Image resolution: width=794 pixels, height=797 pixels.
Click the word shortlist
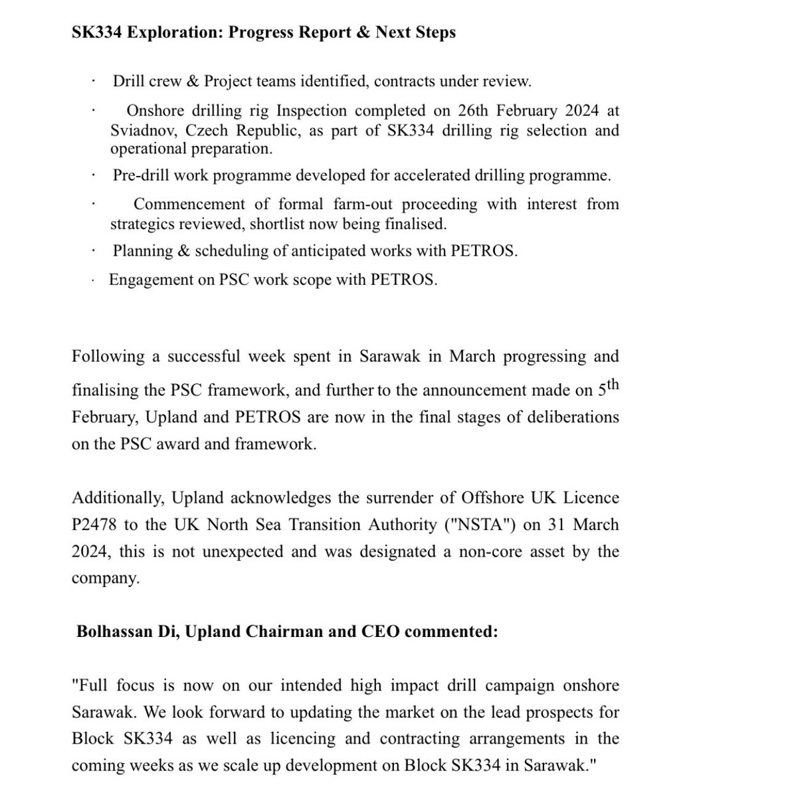pyautogui.click(x=279, y=224)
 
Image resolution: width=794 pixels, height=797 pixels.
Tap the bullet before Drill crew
pyautogui.click(x=94, y=82)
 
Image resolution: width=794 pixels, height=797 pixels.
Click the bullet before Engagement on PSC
pyautogui.click(x=94, y=280)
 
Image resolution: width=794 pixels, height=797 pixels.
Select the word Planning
pyautogui.click(x=142, y=251)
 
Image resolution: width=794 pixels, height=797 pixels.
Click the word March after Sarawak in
pyautogui.click(x=472, y=356)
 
